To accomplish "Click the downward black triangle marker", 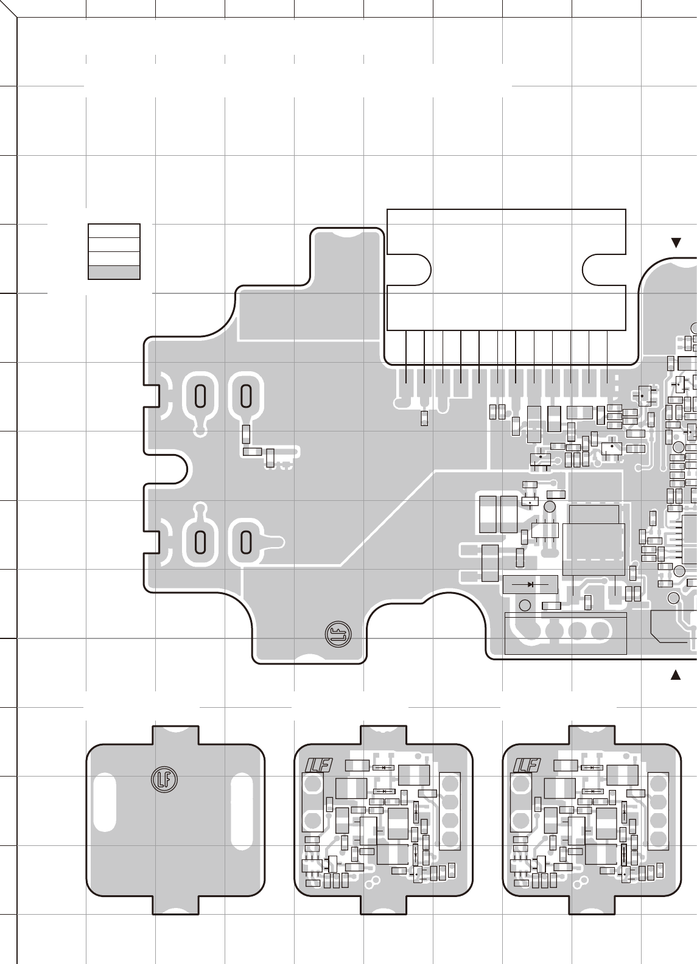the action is click(675, 243).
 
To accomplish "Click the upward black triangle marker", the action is click(675, 674).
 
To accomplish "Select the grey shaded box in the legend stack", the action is click(114, 272).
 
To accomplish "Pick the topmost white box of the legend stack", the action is click(114, 231).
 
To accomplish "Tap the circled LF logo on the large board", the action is click(335, 634).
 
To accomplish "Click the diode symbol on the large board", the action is click(530, 584).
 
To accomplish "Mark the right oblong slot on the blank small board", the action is click(242, 802).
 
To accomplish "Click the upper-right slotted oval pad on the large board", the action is click(246, 397).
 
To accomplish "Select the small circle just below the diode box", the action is click(524, 606).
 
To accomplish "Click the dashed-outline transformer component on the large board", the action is click(594, 539).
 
